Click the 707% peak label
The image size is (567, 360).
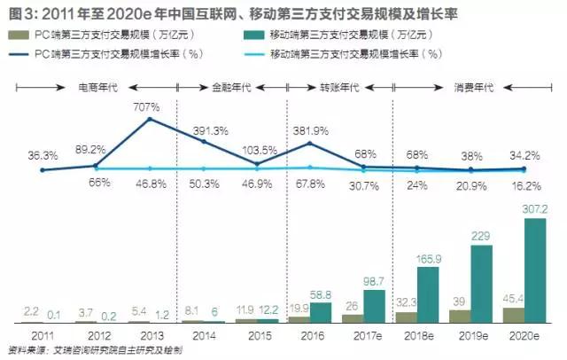click(148, 107)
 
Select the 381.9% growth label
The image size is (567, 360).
click(311, 128)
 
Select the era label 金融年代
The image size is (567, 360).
click(231, 88)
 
